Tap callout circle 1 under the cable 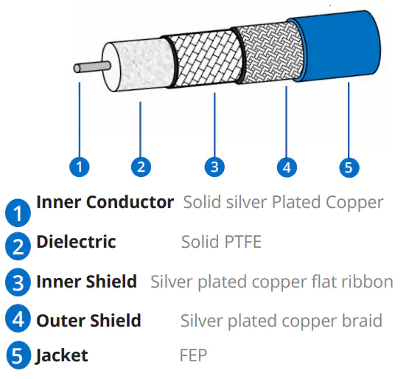pos(80,167)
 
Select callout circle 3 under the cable pos(214,167)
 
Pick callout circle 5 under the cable pos(349,167)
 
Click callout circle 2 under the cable pos(141,167)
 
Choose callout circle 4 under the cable pos(287,167)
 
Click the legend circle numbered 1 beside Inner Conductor pos(18,213)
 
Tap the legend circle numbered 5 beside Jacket pos(18,355)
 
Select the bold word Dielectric pos(76,241)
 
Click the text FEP pos(193,355)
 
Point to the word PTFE pos(243,242)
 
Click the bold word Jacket pos(62,355)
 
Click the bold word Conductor pos(130,202)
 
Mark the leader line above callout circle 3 pos(214,125)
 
